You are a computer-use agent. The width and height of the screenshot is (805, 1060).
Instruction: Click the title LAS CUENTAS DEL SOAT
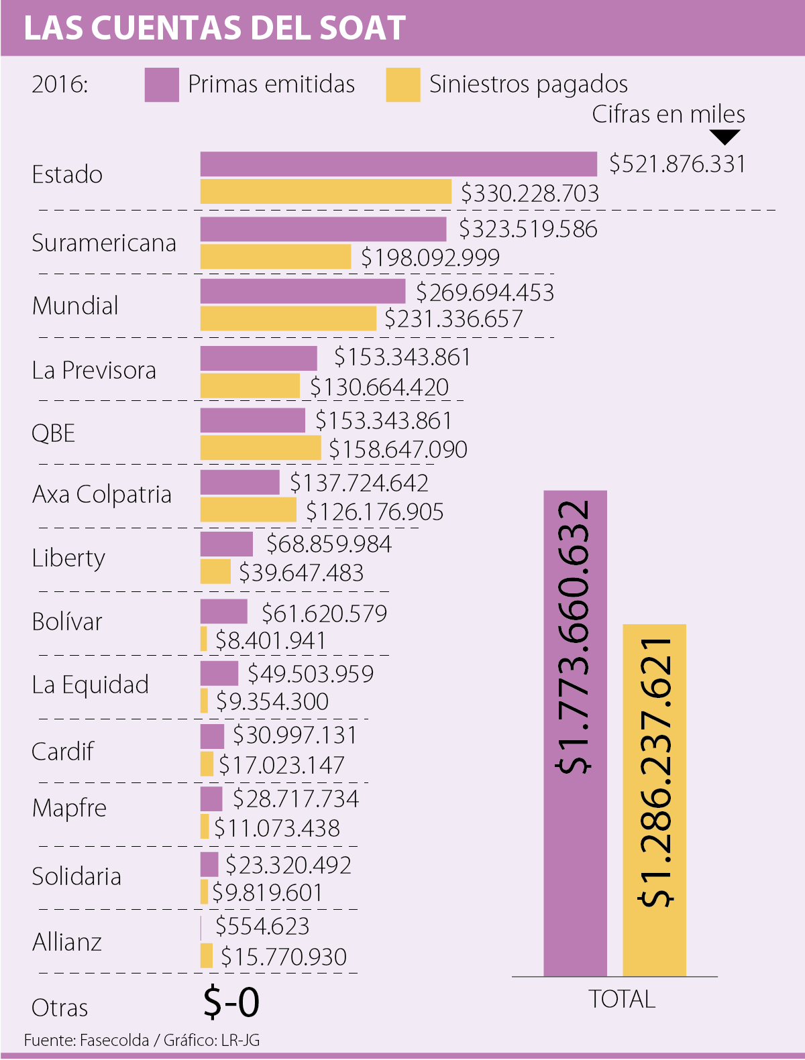[x=215, y=28]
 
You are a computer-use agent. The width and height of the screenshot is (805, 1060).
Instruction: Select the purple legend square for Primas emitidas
[x=162, y=84]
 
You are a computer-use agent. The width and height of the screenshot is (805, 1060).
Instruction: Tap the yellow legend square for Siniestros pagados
[x=402, y=84]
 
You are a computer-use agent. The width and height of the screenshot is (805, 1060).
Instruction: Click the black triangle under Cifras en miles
[x=724, y=137]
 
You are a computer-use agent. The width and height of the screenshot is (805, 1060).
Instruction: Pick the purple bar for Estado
[x=398, y=164]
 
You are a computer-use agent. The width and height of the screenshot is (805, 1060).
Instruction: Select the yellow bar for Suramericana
[x=276, y=257]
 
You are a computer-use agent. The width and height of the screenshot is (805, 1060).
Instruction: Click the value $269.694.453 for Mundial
[x=485, y=292]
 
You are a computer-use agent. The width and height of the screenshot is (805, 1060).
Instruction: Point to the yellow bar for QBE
[x=261, y=448]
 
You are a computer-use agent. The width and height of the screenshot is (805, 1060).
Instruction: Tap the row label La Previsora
[x=94, y=370]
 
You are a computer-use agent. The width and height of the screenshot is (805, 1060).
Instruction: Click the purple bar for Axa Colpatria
[x=240, y=482]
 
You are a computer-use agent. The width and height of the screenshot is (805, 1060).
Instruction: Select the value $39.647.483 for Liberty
[x=301, y=573]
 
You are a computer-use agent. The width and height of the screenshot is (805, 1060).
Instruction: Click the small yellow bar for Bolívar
[x=204, y=639]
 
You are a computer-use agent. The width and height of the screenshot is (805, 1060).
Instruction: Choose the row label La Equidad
[x=91, y=685]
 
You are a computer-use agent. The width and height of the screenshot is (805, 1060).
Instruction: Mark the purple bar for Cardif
[x=212, y=736]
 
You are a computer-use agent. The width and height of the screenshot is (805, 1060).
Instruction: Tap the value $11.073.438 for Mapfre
[x=277, y=828]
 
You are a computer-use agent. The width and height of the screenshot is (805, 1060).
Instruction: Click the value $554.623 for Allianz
[x=262, y=926]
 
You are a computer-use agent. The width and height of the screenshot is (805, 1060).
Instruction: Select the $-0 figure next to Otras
[x=231, y=1002]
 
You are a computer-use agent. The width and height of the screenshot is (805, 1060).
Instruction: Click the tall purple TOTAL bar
[x=575, y=733]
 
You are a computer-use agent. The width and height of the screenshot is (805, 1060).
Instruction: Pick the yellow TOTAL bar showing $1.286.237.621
[x=654, y=800]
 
